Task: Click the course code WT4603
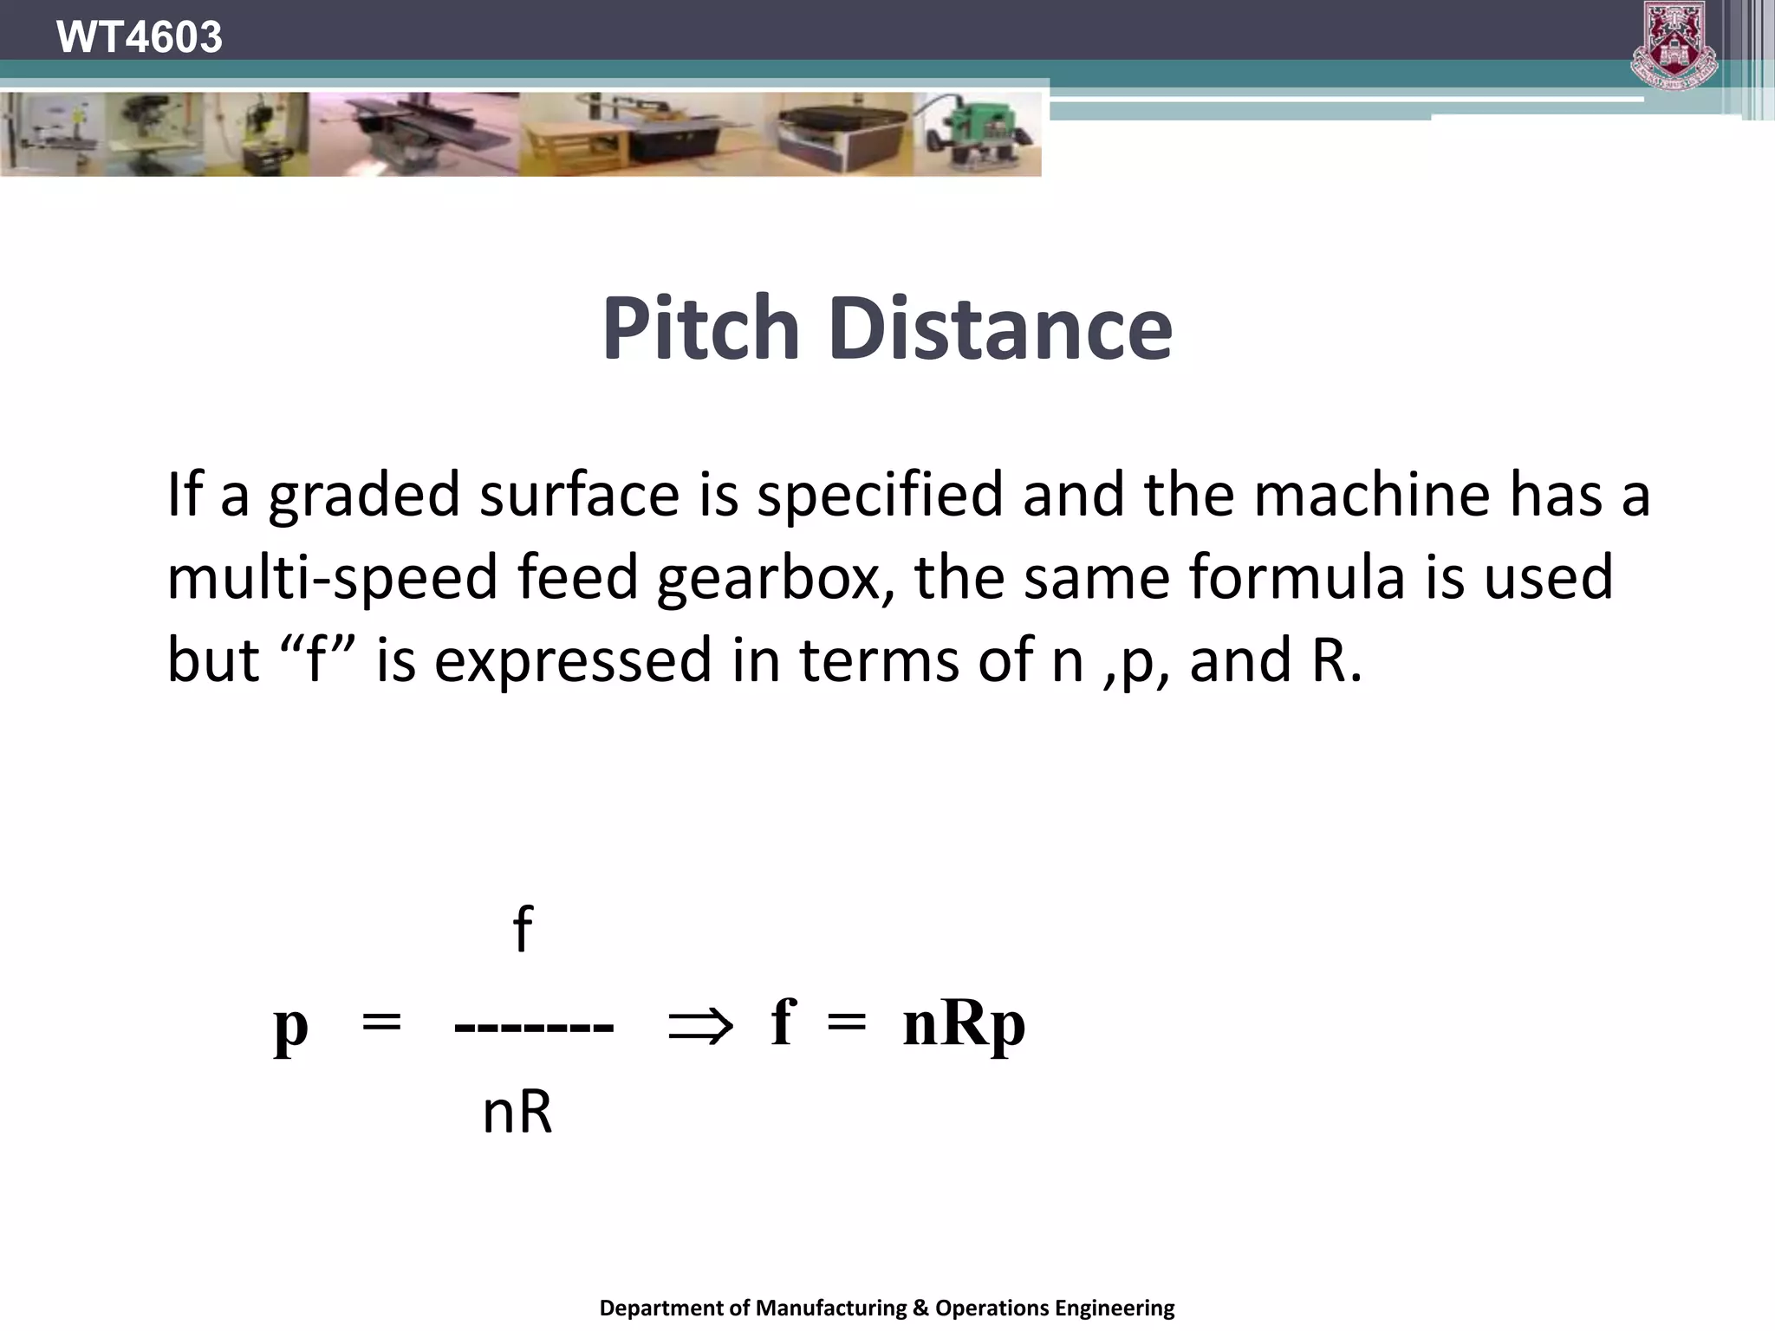139,37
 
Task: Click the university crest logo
1674,45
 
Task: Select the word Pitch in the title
699,328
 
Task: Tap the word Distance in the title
999,328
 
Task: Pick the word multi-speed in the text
332,578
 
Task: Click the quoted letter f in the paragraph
315,659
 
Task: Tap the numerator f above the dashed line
522,929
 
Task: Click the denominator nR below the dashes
517,1112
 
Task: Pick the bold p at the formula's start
291,1026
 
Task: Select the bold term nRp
963,1025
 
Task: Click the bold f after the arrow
783,1022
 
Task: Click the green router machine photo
979,134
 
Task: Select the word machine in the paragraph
1374,495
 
